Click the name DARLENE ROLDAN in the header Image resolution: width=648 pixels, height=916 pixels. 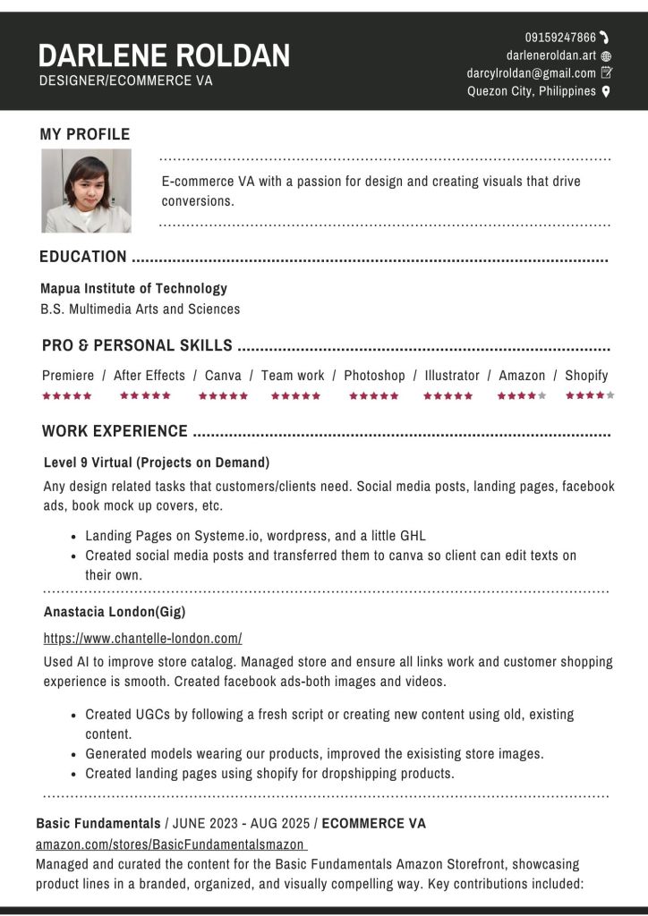point(164,55)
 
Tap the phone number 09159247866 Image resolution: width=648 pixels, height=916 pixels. point(560,38)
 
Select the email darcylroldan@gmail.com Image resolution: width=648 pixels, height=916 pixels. point(531,73)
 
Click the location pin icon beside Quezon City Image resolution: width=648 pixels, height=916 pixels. point(606,91)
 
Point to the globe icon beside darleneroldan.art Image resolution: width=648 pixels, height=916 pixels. point(606,55)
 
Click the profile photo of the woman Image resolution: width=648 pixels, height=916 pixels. point(86,191)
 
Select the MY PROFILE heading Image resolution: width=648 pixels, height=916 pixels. point(85,134)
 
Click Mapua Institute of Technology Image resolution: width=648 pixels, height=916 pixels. point(133,288)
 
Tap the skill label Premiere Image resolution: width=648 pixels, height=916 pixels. point(68,376)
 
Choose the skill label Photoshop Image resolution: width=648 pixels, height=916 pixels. point(374,376)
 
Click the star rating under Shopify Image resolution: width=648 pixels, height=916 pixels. point(590,395)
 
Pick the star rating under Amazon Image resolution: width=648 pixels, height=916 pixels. point(522,395)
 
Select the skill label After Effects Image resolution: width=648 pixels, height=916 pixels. point(149,376)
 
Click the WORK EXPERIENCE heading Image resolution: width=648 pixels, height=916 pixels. point(115,431)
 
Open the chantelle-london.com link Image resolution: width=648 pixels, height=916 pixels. point(143,639)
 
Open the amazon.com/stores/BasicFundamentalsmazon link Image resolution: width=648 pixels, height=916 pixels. point(171,844)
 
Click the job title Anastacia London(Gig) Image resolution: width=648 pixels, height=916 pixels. point(115,612)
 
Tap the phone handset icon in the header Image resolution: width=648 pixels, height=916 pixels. point(605,37)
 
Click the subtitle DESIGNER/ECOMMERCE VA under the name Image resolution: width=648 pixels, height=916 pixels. point(126,81)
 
